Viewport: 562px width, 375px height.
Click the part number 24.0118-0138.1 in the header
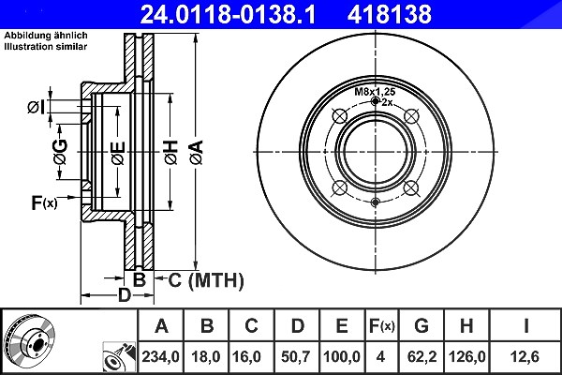[x=228, y=14]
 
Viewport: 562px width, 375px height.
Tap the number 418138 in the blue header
[x=390, y=14]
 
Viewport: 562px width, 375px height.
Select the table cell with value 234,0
[x=160, y=356]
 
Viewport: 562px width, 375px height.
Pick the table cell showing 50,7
[x=296, y=356]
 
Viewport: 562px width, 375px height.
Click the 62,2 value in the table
[x=421, y=356]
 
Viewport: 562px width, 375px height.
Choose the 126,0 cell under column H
[x=467, y=356]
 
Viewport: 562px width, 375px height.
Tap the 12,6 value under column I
[x=525, y=356]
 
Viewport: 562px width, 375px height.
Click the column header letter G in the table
[x=421, y=325]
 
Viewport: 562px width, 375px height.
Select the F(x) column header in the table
[x=382, y=326]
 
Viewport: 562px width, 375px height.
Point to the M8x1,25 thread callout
[x=375, y=92]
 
